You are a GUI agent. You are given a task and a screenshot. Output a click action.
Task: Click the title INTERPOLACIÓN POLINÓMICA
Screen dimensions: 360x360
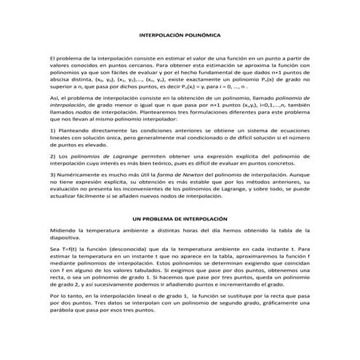180,35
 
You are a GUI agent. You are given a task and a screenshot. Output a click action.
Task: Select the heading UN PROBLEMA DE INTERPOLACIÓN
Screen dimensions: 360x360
179,218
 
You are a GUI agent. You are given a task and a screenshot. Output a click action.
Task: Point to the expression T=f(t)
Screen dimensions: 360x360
68,247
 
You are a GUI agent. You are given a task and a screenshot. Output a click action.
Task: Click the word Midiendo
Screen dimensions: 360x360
64,229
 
